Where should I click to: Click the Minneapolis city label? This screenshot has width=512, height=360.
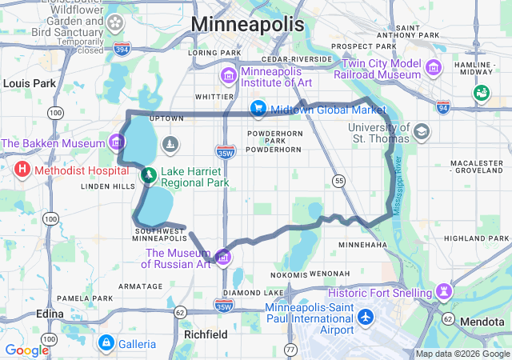(x=248, y=24)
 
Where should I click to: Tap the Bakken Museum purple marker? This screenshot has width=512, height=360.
(x=118, y=143)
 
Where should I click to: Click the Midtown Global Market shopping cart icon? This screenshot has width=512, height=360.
(x=258, y=108)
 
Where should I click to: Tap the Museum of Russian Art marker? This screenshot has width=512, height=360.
(x=223, y=258)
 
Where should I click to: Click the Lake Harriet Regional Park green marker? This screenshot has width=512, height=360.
(x=148, y=174)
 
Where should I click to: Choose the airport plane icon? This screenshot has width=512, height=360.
(x=366, y=317)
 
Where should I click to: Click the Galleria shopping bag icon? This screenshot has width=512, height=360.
(x=106, y=343)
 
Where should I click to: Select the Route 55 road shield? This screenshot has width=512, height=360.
(x=340, y=182)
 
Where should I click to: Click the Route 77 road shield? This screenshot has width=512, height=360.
(x=290, y=350)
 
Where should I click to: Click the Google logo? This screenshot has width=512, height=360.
(x=27, y=350)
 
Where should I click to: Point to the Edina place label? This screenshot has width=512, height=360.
(x=50, y=314)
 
